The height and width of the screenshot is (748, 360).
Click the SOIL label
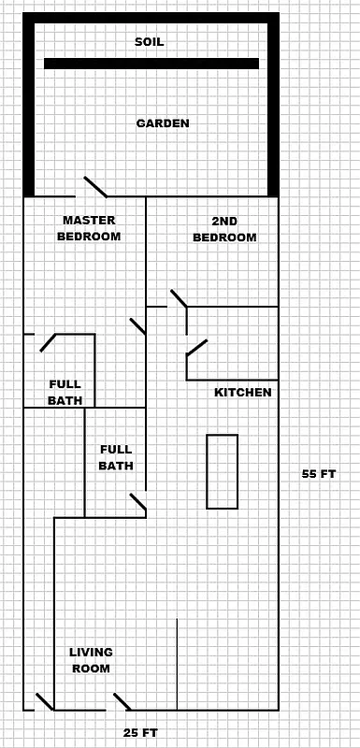pyautogui.click(x=151, y=42)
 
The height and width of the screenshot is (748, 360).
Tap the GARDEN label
pyautogui.click(x=163, y=123)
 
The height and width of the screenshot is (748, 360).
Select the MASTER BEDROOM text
pyautogui.click(x=89, y=228)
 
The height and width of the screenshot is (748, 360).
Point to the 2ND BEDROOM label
pyautogui.click(x=224, y=229)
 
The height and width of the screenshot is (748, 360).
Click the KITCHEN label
pyautogui.click(x=243, y=393)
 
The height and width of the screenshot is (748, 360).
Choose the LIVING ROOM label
pyautogui.click(x=91, y=660)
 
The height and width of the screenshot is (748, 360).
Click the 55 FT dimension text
pyautogui.click(x=318, y=474)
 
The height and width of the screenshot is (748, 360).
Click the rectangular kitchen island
pyautogui.click(x=222, y=471)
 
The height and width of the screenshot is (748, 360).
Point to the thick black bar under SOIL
pyautogui.click(x=151, y=64)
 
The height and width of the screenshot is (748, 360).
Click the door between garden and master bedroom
pyautogui.click(x=94, y=187)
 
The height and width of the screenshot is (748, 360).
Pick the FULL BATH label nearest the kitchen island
pyautogui.click(x=116, y=457)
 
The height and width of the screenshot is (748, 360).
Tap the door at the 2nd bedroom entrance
pyautogui.click(x=178, y=299)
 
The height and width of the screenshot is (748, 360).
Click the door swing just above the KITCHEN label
pyautogui.click(x=196, y=348)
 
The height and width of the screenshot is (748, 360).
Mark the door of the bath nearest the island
pyautogui.click(x=137, y=503)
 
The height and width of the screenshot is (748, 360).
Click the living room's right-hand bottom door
pyautogui.click(x=122, y=701)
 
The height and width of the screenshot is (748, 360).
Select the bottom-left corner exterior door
pyautogui.click(x=44, y=701)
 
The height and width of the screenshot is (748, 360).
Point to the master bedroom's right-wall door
pyautogui.click(x=137, y=325)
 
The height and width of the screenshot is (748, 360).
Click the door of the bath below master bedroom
pyautogui.click(x=48, y=342)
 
